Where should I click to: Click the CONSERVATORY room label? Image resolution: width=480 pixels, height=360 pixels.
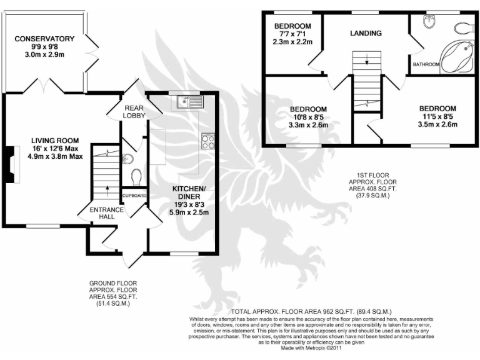point(45,39)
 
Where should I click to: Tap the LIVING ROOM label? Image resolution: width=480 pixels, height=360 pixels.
point(57,140)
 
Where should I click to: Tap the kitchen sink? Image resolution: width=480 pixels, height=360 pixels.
point(184,102)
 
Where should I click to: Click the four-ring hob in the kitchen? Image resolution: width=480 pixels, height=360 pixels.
point(208,142)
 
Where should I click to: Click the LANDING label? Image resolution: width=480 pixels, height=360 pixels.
point(366,33)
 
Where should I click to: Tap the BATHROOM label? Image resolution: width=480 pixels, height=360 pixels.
point(426,64)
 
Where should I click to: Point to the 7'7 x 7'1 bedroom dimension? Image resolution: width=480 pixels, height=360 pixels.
point(297,34)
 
